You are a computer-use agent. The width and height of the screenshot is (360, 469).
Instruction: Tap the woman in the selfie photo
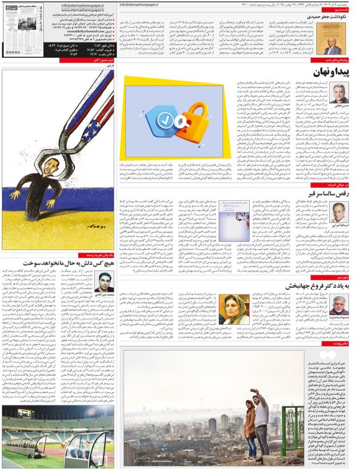250,421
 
